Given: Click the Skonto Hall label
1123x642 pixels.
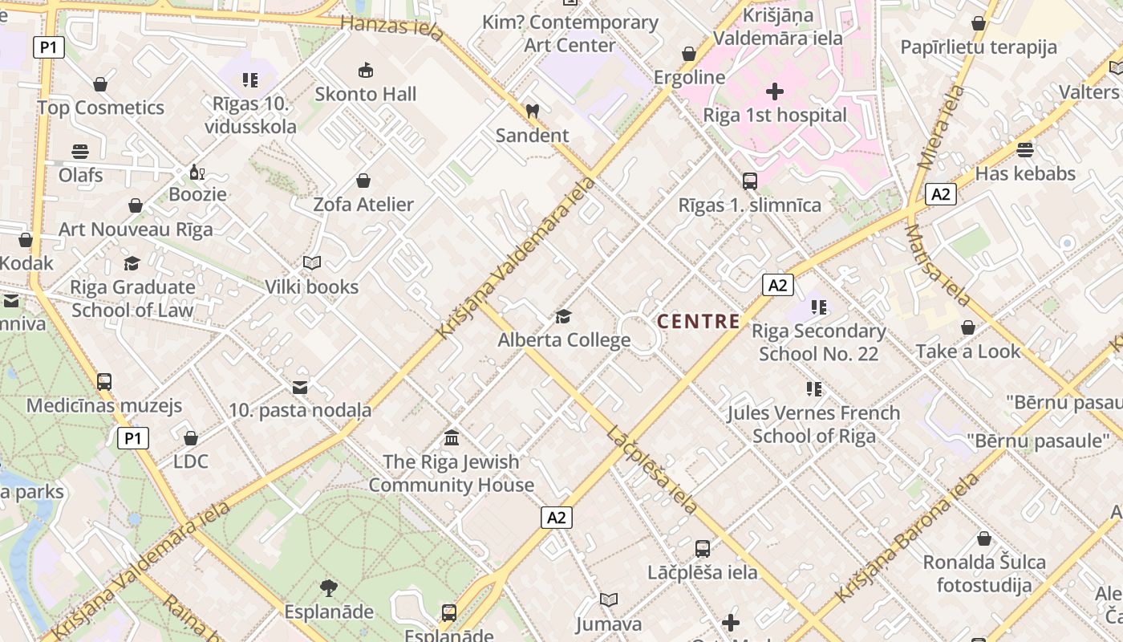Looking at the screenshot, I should point(366,94).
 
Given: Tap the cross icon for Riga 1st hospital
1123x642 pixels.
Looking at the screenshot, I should point(775,91).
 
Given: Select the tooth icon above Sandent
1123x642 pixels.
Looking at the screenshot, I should point(531,112).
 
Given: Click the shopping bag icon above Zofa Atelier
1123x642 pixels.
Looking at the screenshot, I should point(363,181).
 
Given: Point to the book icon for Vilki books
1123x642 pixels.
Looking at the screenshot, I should point(312,262).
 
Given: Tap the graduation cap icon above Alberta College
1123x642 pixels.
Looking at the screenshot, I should point(563,316).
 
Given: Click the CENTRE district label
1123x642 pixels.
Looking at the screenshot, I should point(699,322).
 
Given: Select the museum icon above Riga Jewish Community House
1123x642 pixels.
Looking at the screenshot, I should point(452,438).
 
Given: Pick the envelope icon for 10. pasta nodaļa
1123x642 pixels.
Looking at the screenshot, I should point(300,388).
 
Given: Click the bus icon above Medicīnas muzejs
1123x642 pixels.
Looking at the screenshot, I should point(104,382).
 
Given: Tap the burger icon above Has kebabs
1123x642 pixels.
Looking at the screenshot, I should point(1025,150).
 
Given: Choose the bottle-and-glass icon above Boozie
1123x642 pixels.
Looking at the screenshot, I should point(197,172).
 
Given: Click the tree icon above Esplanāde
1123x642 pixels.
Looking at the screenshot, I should point(329,588).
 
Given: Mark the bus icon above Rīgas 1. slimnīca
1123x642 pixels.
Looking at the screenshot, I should point(750,181).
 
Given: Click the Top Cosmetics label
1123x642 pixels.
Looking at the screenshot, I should point(100,108).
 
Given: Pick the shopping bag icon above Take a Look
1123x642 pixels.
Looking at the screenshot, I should point(968,327).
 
